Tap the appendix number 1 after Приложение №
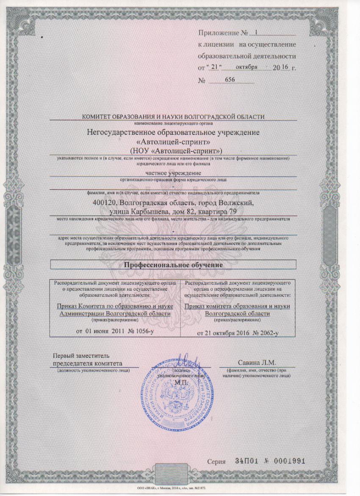tap(255, 32)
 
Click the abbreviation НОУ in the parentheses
tap(143, 150)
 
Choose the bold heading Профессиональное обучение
tap(173, 265)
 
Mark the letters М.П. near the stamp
tap(181, 382)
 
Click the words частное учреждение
tap(173, 173)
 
